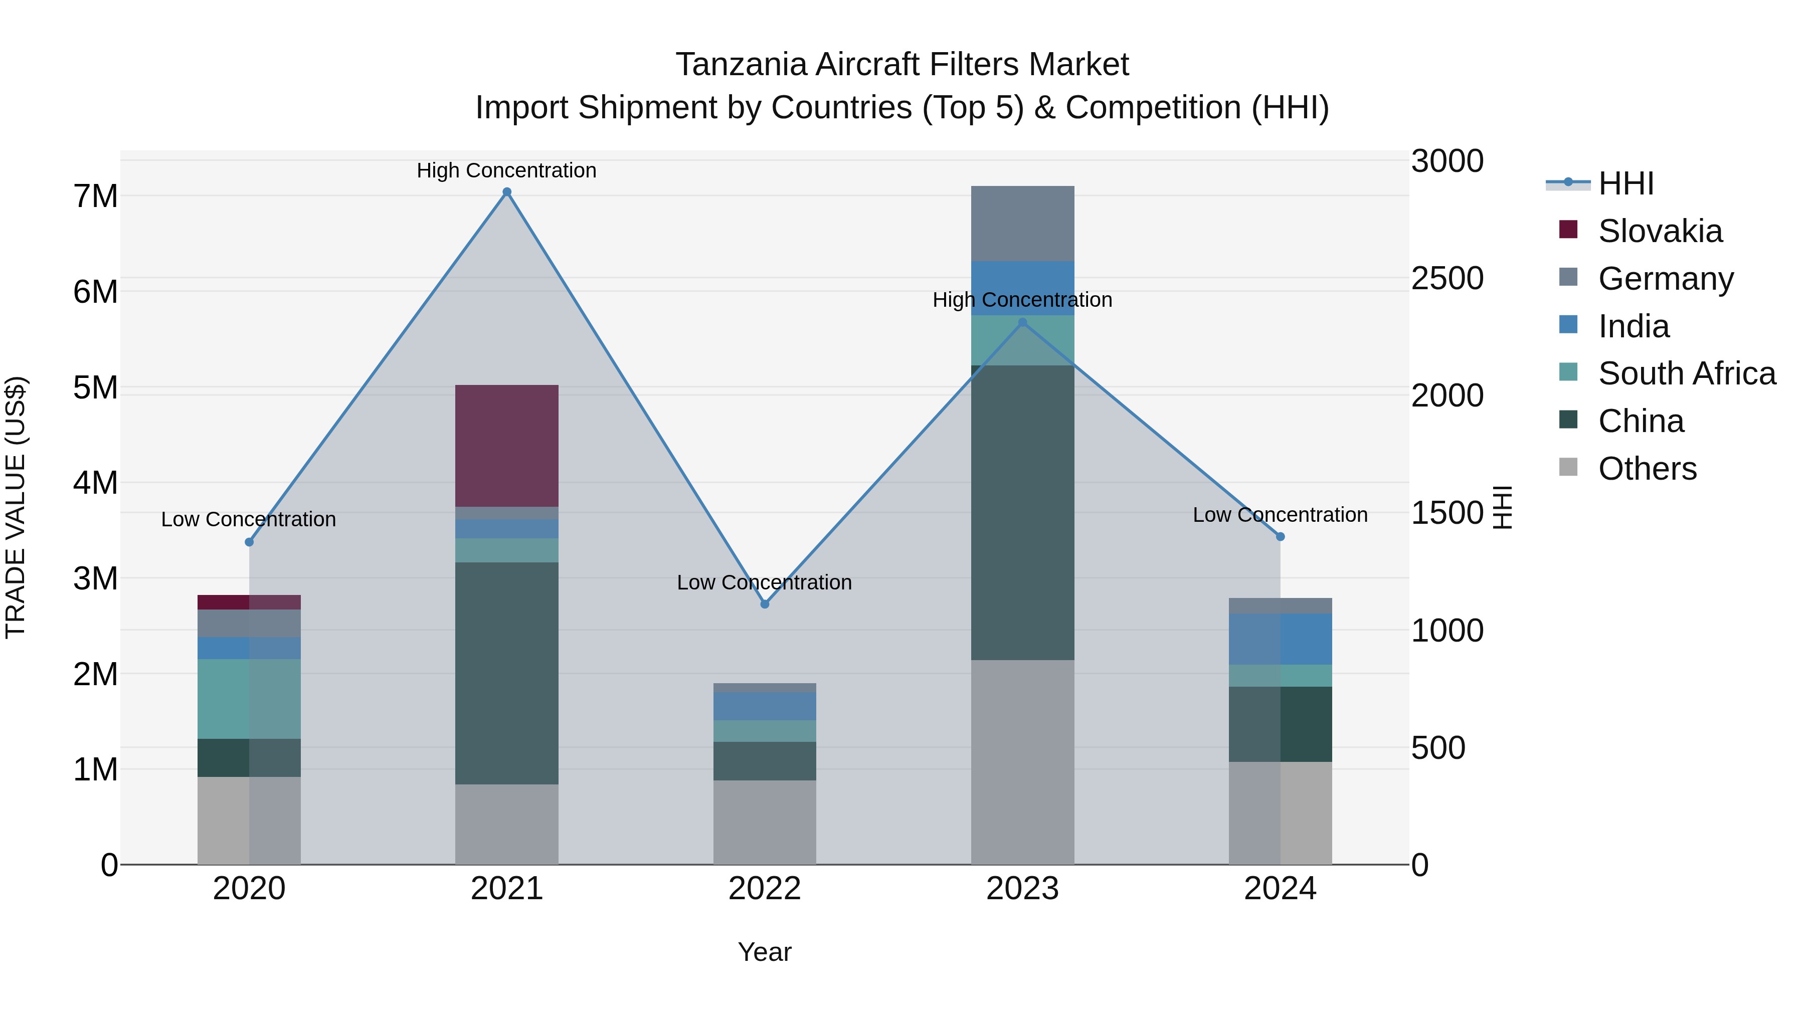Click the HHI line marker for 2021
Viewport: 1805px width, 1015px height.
coord(506,192)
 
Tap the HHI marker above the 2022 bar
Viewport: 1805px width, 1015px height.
coord(765,604)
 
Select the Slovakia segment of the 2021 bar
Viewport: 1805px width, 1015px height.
coord(506,446)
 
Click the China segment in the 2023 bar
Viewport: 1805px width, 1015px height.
coord(1022,512)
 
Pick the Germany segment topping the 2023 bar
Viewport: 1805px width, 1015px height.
coord(1022,224)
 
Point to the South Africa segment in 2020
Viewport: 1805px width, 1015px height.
coord(249,698)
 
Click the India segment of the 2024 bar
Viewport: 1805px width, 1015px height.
coord(1280,639)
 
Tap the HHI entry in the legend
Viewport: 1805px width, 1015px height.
coord(1626,183)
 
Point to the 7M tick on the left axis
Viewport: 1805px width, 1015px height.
coord(96,196)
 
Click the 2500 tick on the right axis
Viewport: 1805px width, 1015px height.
coord(1447,278)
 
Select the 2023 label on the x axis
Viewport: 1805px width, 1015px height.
coord(1022,889)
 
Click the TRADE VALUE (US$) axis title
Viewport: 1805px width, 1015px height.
coord(16,507)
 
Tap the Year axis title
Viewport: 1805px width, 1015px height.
coord(765,952)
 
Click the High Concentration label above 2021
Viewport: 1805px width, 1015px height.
coord(506,170)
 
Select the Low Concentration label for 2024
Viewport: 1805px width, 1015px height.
coord(1280,515)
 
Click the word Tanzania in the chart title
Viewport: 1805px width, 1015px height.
coord(740,65)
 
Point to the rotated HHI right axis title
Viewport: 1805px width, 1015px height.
coord(1502,507)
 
